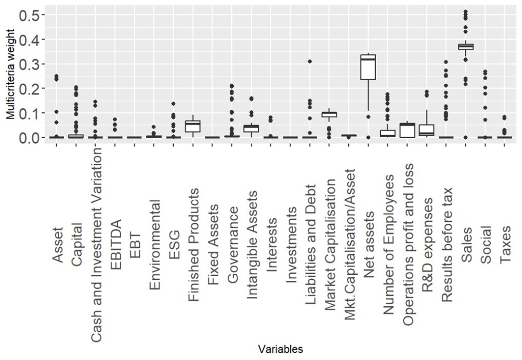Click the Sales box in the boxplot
(466, 46)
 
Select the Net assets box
(368, 67)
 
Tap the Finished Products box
(193, 126)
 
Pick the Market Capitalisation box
(329, 114)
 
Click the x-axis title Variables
(280, 349)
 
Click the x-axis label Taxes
(506, 244)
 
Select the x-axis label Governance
(232, 244)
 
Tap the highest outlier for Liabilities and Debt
(310, 62)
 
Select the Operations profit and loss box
(407, 130)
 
